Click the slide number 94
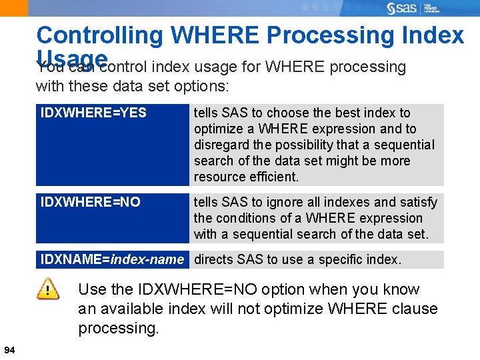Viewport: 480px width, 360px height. pos(9,350)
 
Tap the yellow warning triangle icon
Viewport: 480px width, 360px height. pos(47,289)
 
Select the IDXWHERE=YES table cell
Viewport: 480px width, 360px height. pos(93,113)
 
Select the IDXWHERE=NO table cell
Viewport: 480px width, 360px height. pos(91,202)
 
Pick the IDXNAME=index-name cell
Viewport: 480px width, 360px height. pos(112,259)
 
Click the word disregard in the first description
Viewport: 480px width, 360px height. pos(222,145)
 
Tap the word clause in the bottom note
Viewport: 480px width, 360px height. pos(412,309)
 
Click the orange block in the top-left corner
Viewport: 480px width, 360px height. pos(14,8)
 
